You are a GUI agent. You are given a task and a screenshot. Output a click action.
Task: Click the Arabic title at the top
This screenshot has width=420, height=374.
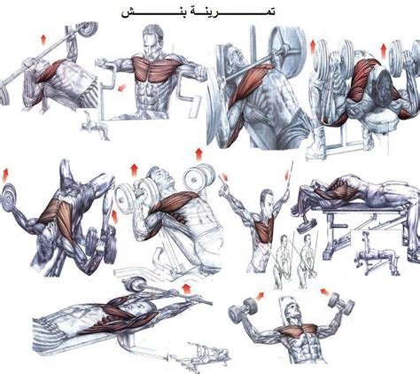click(198, 12)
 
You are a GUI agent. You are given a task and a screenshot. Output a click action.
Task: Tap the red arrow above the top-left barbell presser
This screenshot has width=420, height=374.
click(43, 40)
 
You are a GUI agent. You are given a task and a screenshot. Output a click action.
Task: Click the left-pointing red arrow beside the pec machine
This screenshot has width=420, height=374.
click(121, 88)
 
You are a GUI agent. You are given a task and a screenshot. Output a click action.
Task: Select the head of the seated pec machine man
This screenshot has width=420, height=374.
click(152, 42)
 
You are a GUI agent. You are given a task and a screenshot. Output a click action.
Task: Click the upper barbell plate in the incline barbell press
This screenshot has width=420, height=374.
click(286, 44)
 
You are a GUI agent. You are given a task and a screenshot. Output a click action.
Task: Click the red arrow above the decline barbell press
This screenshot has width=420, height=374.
click(186, 289)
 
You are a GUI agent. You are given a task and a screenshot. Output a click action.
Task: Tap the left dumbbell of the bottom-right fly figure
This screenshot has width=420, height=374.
click(242, 310)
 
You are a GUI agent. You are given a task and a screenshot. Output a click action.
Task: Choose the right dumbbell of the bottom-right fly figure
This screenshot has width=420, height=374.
click(340, 304)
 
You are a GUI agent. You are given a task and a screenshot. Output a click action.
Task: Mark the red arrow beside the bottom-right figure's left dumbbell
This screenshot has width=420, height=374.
click(260, 296)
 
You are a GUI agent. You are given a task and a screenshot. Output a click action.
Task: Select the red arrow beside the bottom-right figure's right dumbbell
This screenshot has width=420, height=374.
click(325, 292)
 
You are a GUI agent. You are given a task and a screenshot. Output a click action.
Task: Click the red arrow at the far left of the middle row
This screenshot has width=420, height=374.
click(5, 175)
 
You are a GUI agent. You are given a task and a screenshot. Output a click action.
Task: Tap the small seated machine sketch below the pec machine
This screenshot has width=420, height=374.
click(95, 126)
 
